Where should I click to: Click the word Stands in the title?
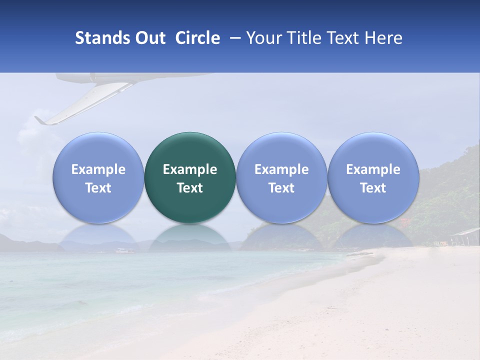[103, 38]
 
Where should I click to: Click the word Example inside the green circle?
[190, 169]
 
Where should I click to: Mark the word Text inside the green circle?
[190, 188]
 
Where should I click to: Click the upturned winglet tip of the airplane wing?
[39, 120]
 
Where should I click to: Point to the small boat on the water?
[122, 250]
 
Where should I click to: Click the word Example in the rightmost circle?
[373, 169]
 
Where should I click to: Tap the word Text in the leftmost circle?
[98, 188]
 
